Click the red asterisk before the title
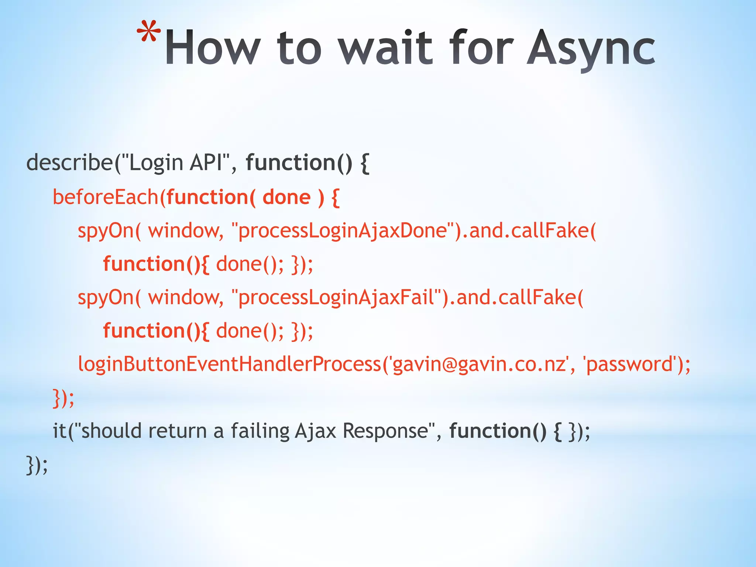coord(149,32)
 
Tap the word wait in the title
coord(385,48)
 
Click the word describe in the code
coord(69,162)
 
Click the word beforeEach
coord(106,197)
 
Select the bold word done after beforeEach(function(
coord(286,197)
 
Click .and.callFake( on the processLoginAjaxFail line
coord(516,298)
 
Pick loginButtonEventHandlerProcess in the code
coord(229,364)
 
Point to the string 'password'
coord(630,364)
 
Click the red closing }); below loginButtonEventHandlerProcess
coord(63,398)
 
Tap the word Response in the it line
coord(385,431)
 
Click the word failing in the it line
coord(260,431)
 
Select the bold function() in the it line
coord(497,431)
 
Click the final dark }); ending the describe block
coord(37,465)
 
